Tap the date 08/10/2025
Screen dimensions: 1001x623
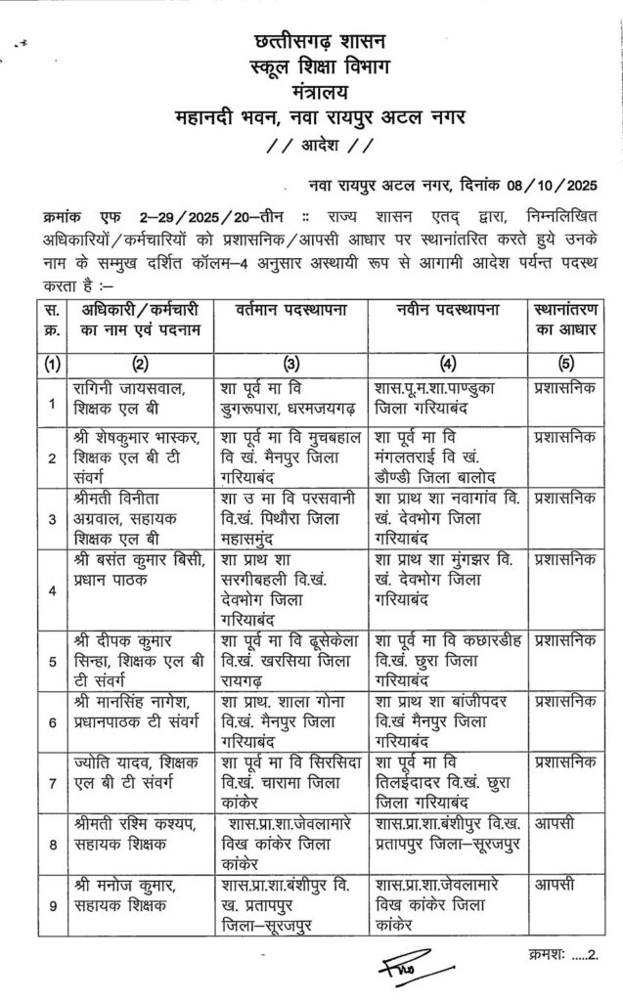[x=555, y=182]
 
